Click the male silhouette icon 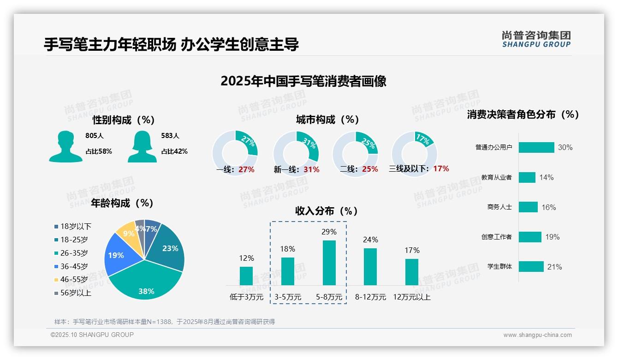pyautogui.click(x=65, y=146)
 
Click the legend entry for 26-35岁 pyautogui.click(x=74, y=253)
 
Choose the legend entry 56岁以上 pyautogui.click(x=76, y=293)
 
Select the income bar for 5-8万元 pyautogui.click(x=329, y=263)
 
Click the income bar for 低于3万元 pyautogui.click(x=246, y=276)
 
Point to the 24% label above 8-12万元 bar pyautogui.click(x=370, y=240)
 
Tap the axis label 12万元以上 pyautogui.click(x=412, y=297)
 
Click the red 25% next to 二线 pyautogui.click(x=370, y=169)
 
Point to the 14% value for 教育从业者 pyautogui.click(x=547, y=177)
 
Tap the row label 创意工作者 pyautogui.click(x=496, y=237)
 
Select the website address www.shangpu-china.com pyautogui.click(x=537, y=335)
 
